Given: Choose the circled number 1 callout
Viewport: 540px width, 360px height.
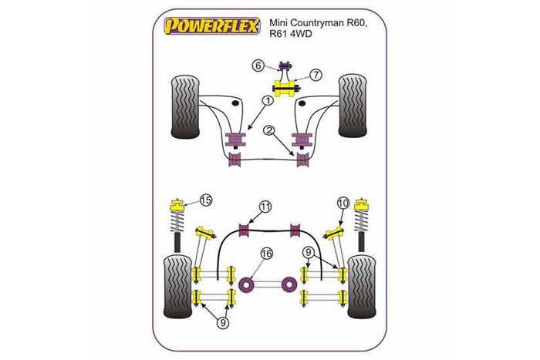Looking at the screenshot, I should pos(267,100).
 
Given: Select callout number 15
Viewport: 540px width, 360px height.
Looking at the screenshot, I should pos(206,202).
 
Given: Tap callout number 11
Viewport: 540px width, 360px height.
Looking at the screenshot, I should pos(265,207).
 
